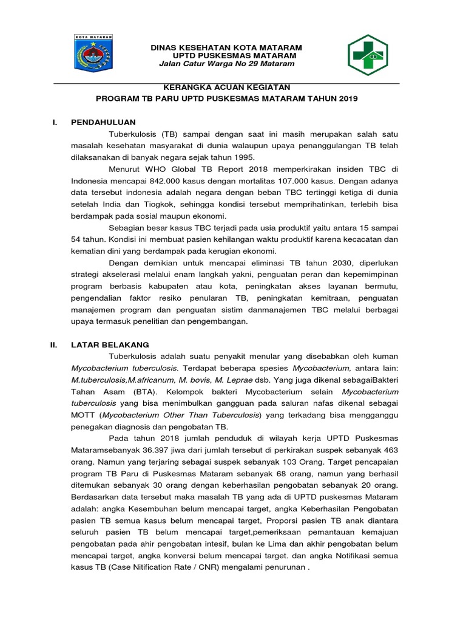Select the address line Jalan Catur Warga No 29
pyautogui.click(x=226, y=64)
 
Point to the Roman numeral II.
pyautogui.click(x=53, y=344)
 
